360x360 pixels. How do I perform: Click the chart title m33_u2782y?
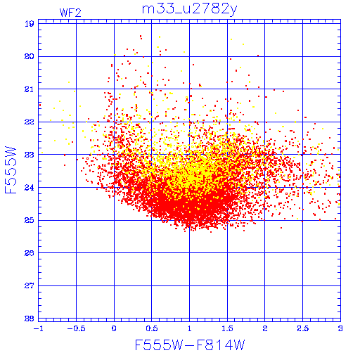point(190,10)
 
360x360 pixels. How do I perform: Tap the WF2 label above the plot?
point(70,13)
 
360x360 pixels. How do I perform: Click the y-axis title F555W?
point(11,170)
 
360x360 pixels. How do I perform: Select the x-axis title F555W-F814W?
point(190,345)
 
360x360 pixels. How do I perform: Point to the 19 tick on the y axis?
point(30,24)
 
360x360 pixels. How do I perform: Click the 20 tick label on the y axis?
point(30,56)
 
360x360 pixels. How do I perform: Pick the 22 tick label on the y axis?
point(30,122)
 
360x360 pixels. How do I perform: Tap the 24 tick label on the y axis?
point(30,188)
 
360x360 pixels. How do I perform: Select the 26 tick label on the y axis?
point(30,253)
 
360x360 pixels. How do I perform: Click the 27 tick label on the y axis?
point(30,285)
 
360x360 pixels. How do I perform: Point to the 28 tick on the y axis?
point(30,319)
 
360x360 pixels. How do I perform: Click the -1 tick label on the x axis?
point(39,328)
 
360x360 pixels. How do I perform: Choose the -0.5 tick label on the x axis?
point(76,328)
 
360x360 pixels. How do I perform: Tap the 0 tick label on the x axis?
point(114,328)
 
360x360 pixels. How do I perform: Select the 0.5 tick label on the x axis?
point(152,328)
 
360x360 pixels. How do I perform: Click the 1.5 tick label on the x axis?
point(227,328)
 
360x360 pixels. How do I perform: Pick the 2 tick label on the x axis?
point(265,328)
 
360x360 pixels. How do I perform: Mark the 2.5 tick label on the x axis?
point(303,328)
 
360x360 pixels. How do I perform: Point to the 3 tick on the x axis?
point(340,328)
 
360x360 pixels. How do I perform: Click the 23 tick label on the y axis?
point(30,155)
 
